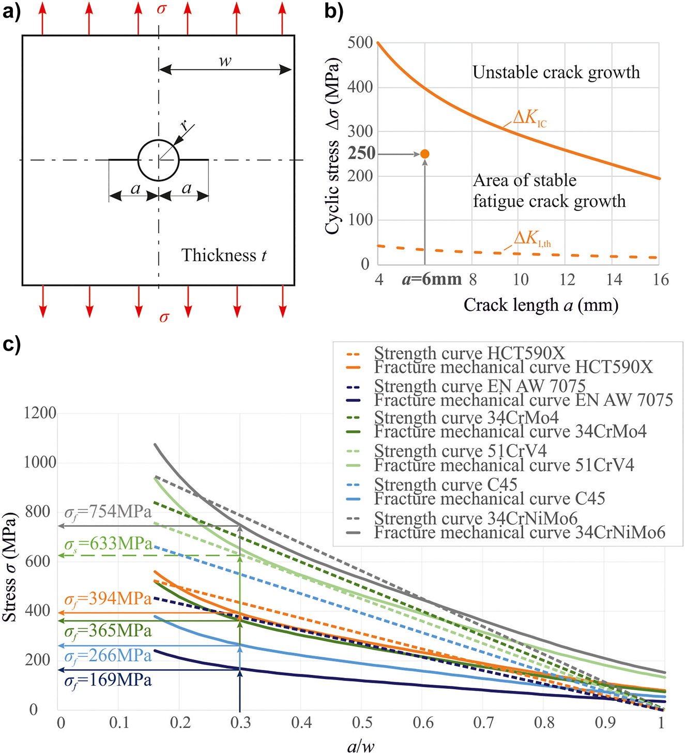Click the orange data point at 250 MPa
pyautogui.click(x=425, y=154)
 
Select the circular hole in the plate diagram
pyautogui.click(x=158, y=160)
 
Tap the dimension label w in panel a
pyautogui.click(x=225, y=61)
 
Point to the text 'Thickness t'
pyautogui.click(x=223, y=255)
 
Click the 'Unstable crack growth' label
pyautogui.click(x=556, y=72)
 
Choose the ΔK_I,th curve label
pyautogui.click(x=532, y=238)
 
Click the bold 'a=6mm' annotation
pyautogui.click(x=432, y=279)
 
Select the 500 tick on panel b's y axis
pyautogui.click(x=360, y=42)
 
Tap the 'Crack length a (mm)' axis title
pyautogui.click(x=541, y=305)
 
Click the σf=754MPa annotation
pyautogui.click(x=108, y=512)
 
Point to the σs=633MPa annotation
pyautogui.click(x=108, y=544)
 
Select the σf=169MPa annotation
pyautogui.click(x=108, y=680)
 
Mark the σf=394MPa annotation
pyautogui.click(x=108, y=599)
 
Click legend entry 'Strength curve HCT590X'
pyautogui.click(x=469, y=353)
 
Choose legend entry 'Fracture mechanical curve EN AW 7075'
pyautogui.click(x=523, y=400)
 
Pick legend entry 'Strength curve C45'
pyautogui.click(x=446, y=485)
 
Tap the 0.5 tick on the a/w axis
pyautogui.click(x=362, y=722)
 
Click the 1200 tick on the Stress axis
pyautogui.click(x=40, y=413)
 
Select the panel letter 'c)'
pyautogui.click(x=11, y=343)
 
